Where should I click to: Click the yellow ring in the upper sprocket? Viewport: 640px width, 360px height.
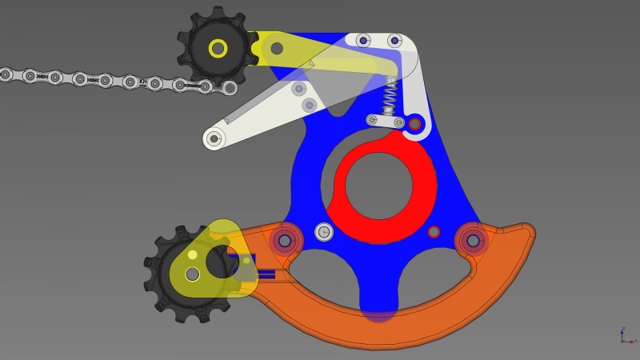(218, 48)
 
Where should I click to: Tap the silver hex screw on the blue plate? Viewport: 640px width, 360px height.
(324, 232)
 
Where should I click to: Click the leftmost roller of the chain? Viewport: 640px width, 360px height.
(5, 74)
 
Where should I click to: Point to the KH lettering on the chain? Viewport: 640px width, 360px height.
(143, 82)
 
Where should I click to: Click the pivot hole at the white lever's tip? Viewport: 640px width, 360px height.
(214, 138)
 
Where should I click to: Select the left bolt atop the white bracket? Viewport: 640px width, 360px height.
(363, 41)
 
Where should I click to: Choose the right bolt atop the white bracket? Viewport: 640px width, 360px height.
(394, 41)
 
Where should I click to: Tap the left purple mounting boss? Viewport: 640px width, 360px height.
(285, 240)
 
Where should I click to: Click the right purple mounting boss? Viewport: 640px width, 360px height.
(473, 240)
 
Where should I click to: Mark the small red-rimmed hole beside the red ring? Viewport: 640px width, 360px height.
(434, 232)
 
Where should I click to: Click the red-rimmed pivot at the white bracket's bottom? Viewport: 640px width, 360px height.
(414, 124)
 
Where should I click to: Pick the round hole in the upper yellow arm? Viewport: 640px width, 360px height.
(277, 49)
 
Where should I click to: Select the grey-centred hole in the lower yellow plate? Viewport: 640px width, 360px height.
(192, 274)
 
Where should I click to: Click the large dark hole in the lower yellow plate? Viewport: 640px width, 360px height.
(220, 262)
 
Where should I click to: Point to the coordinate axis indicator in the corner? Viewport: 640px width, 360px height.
(626, 336)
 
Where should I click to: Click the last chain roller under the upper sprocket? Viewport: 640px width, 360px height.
(230, 88)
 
